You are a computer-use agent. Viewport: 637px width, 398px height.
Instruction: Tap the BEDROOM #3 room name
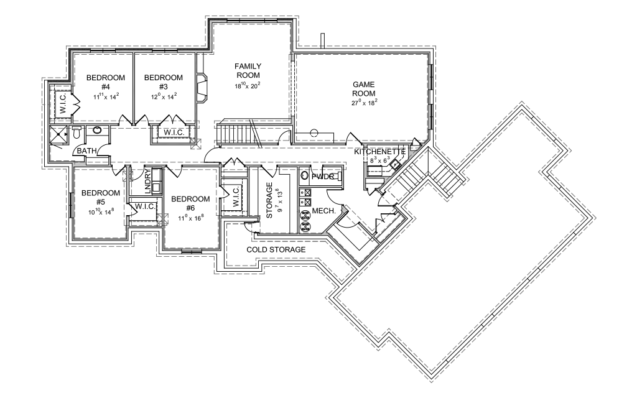point(164,82)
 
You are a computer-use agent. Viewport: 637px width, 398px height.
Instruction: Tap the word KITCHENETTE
point(380,152)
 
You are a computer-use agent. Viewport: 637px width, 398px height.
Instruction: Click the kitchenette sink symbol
point(395,164)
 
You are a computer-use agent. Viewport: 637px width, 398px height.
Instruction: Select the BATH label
point(86,151)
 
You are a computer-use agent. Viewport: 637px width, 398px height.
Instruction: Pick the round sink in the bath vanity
point(97,131)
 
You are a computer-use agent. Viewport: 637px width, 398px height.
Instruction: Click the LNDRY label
point(147,180)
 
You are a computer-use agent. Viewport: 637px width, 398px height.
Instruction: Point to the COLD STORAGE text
point(276,250)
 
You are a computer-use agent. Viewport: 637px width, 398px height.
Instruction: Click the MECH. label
point(323,211)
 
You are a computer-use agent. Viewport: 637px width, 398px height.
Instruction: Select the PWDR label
point(324,177)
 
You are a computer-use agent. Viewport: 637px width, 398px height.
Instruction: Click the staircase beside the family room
point(237,134)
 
